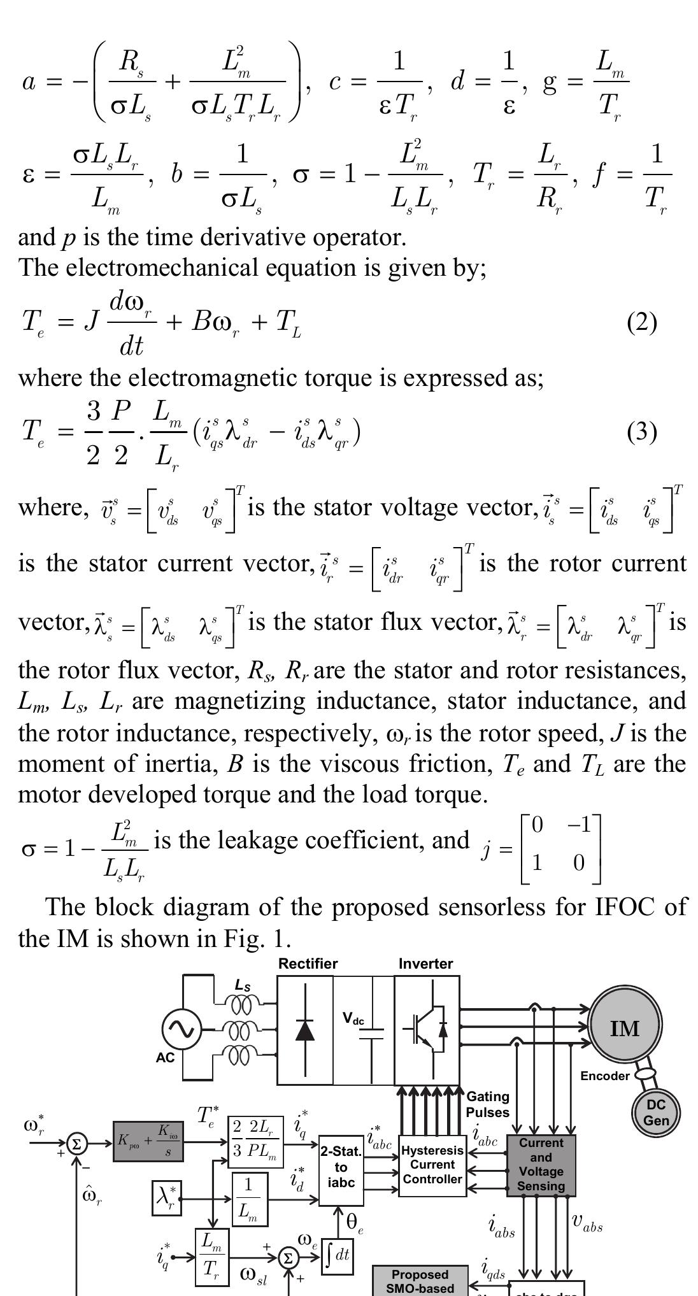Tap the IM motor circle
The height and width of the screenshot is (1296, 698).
pos(624,1028)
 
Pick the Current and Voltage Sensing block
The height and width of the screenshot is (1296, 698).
pos(541,1164)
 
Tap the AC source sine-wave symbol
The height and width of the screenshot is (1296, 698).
pos(182,1029)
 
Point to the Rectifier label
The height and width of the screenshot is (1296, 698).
pos(308,964)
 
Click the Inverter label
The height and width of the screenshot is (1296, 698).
pos(425,964)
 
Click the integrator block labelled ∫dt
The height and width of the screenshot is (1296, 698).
pos(338,1255)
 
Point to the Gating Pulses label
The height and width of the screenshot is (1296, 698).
pos(488,1104)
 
